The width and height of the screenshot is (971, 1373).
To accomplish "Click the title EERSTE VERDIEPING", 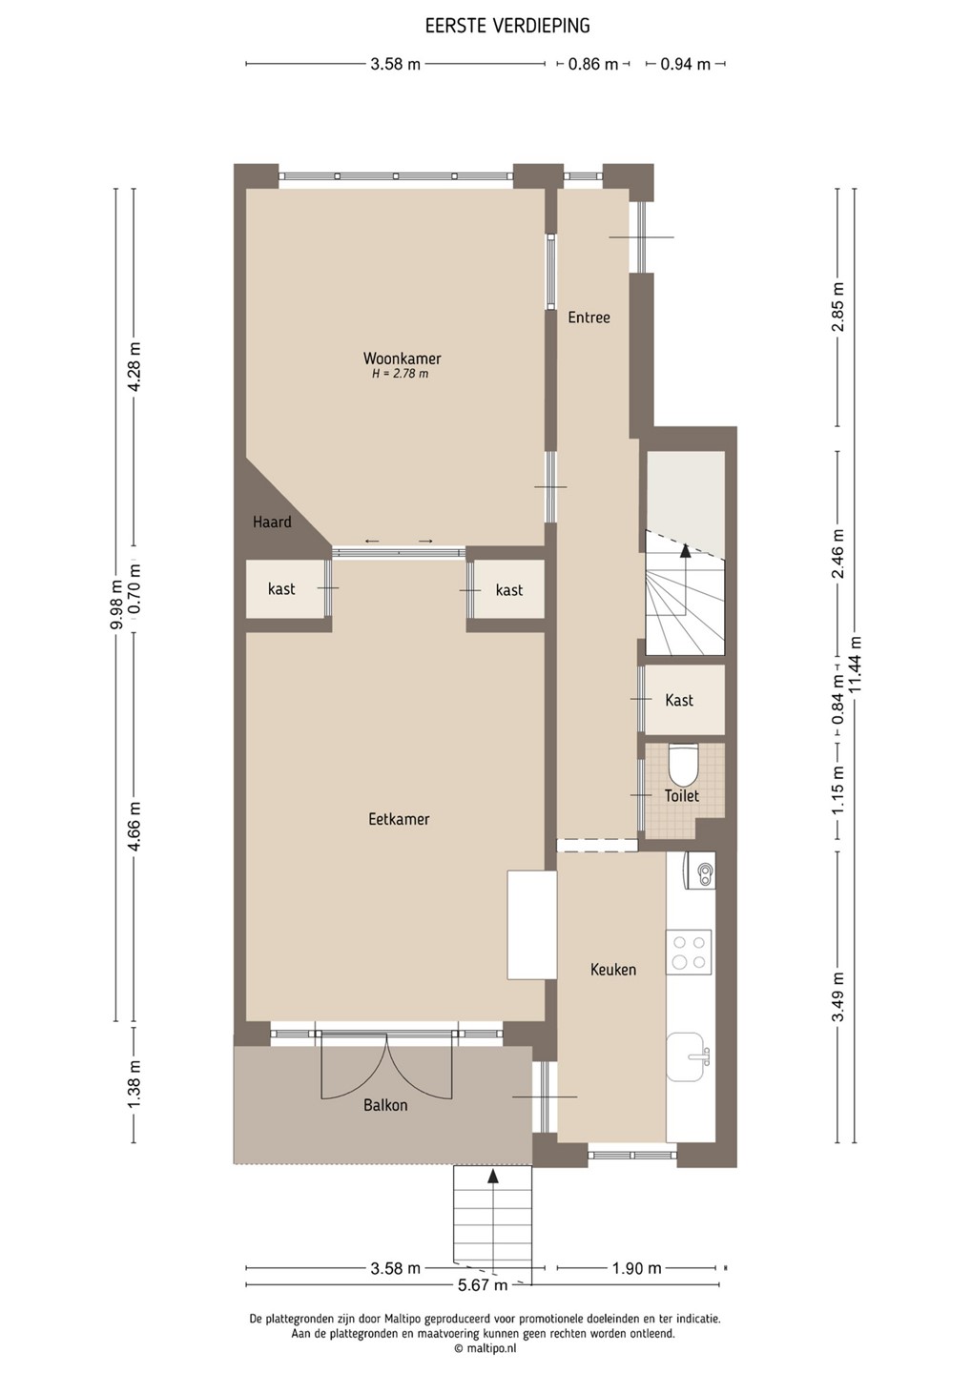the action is click(507, 26).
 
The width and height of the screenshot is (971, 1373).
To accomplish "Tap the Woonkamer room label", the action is click(403, 359).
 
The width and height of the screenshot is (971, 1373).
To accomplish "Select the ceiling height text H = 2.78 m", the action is click(401, 374).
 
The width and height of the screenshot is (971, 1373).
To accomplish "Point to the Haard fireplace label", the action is click(272, 523).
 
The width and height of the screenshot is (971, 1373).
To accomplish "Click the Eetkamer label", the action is click(399, 819).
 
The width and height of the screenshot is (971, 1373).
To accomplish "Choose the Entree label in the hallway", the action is click(589, 318).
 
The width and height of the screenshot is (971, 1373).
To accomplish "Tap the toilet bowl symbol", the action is click(683, 765).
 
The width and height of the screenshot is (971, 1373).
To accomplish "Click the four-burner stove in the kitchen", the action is click(690, 951).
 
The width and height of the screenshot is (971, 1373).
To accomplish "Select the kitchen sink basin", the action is click(688, 1056).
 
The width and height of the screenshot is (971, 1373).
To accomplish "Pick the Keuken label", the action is click(613, 969).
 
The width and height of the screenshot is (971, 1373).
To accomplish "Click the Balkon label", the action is click(385, 1105).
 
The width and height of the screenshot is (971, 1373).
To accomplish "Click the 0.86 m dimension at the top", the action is click(592, 64).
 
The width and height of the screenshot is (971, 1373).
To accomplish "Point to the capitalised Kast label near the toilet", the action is click(679, 700).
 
